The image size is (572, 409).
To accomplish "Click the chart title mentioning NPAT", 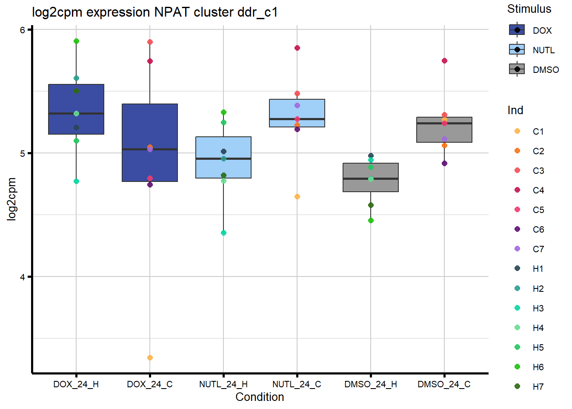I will [x=155, y=12].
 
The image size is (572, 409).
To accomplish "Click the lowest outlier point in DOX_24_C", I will [x=150, y=357].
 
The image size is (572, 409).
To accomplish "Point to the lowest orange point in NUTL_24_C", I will [x=297, y=196].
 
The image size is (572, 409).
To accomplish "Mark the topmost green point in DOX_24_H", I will [x=76, y=41].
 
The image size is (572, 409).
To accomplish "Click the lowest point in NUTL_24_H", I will [x=223, y=233].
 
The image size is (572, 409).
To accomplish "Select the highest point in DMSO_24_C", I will [x=444, y=60].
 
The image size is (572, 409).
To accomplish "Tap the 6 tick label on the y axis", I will [x=23, y=30].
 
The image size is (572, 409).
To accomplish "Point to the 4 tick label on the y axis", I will [x=23, y=277].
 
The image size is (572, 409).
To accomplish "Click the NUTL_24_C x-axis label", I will [x=297, y=384].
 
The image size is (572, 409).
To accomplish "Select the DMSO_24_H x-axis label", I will [x=370, y=384].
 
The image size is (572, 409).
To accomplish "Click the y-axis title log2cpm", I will [x=12, y=199].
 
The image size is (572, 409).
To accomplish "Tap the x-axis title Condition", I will [x=260, y=397].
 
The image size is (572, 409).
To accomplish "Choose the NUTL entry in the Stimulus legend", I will [x=543, y=50].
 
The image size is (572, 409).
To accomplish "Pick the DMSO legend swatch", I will [x=517, y=69].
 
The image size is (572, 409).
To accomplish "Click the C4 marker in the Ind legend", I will [x=517, y=190].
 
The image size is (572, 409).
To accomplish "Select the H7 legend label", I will [x=538, y=387].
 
